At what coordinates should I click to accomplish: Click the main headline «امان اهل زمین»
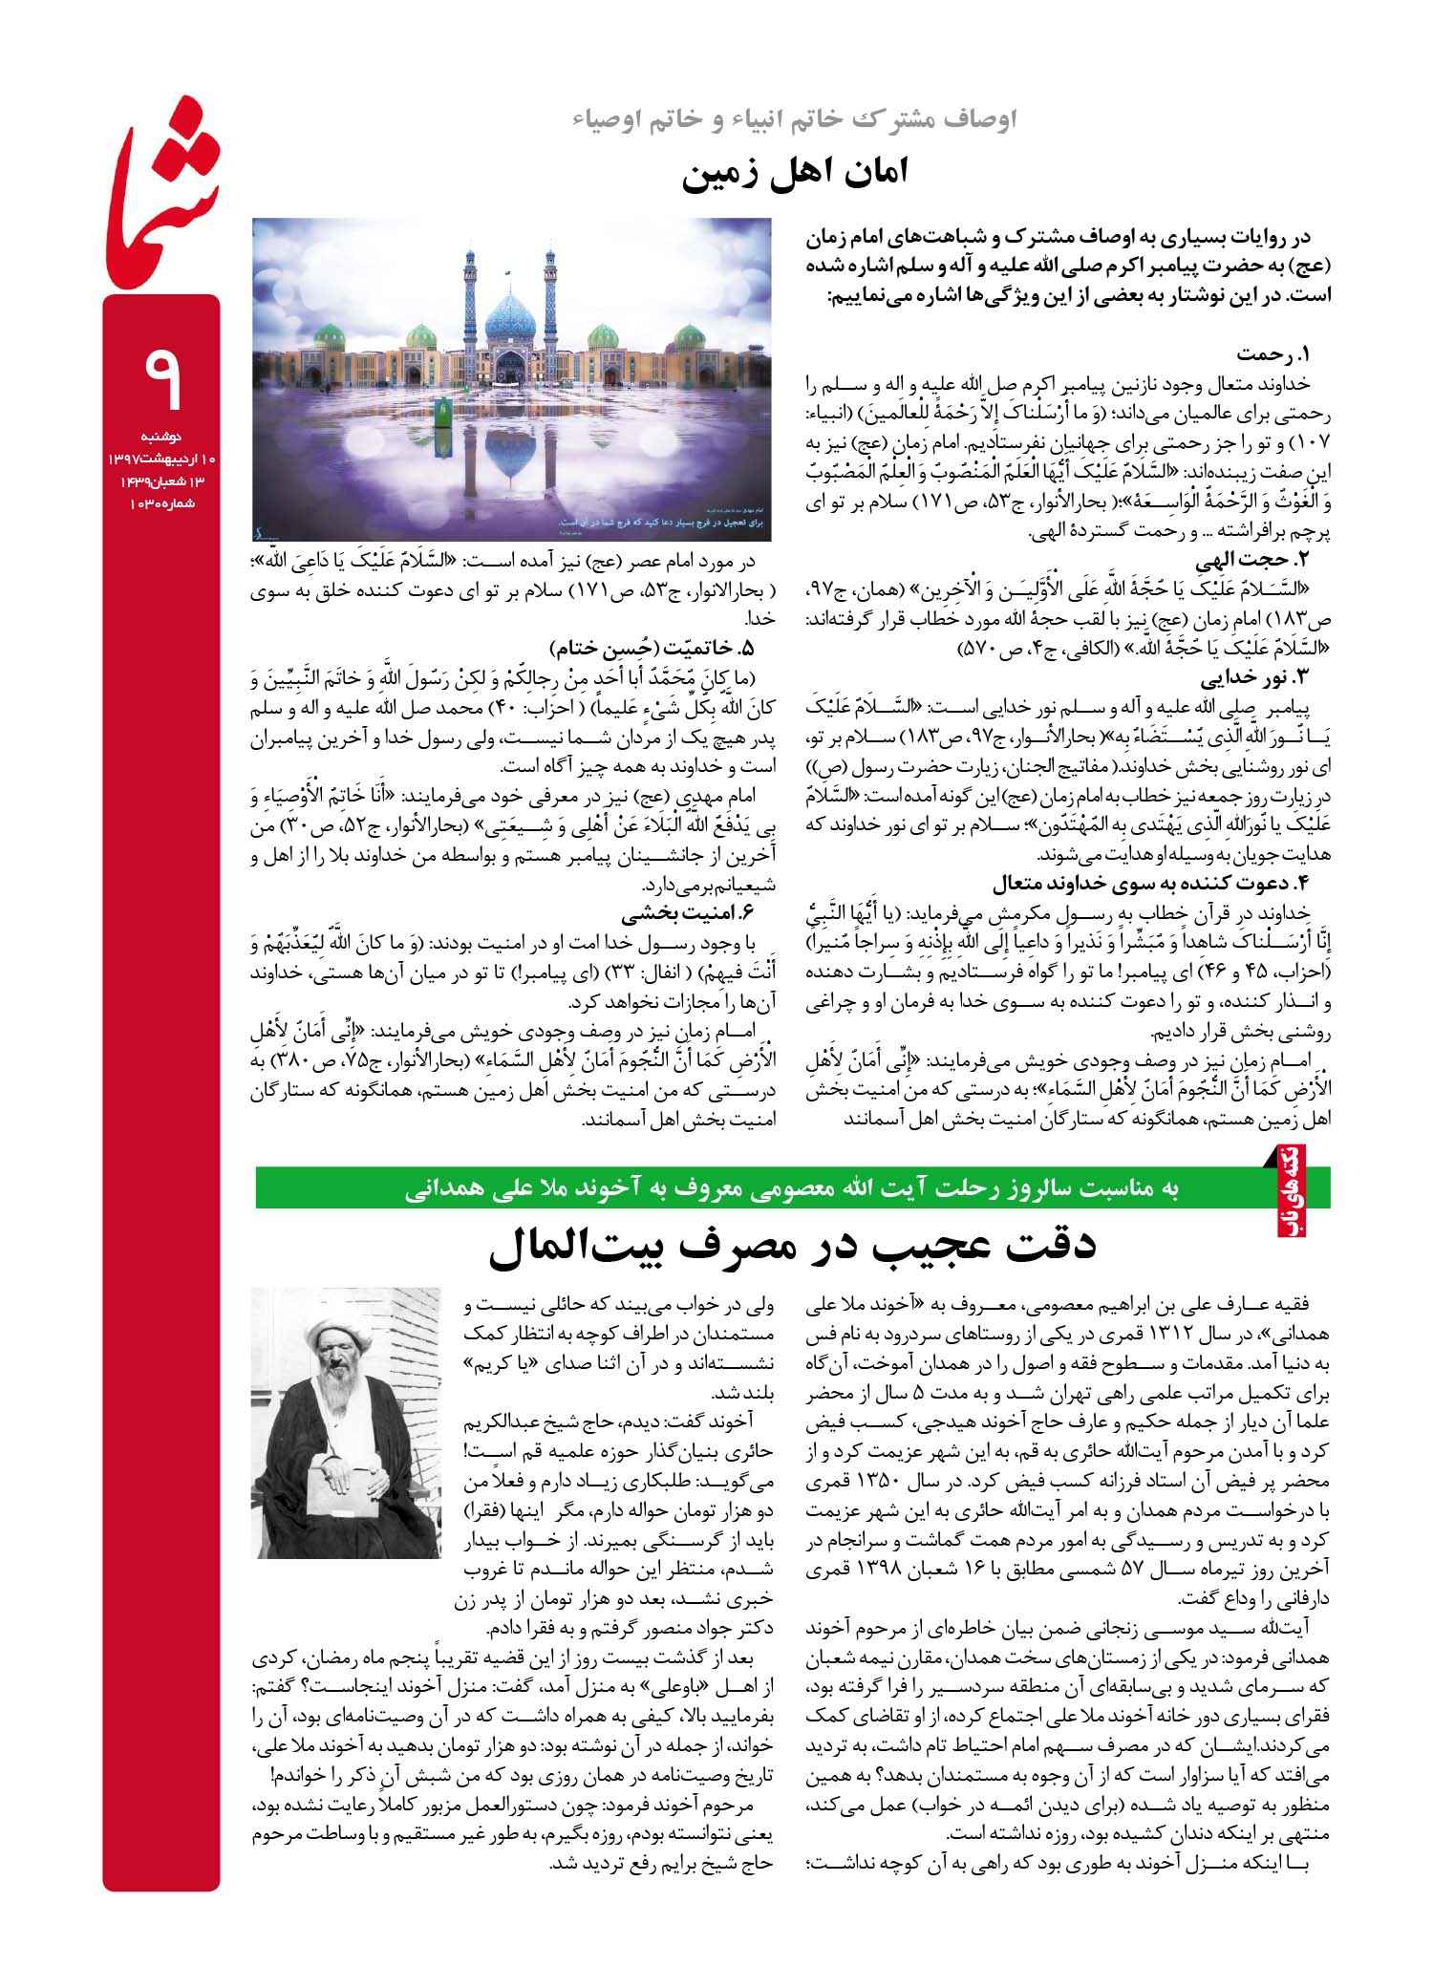coord(795,176)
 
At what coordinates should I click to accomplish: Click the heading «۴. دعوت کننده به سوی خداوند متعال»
coord(1150,881)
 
